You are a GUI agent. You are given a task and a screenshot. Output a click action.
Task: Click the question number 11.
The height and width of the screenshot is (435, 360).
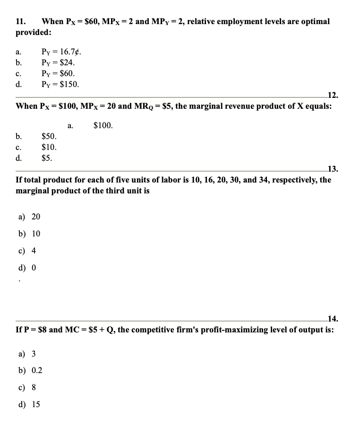coord(20,22)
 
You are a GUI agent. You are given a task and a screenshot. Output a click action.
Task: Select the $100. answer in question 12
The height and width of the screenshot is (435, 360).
coord(103,126)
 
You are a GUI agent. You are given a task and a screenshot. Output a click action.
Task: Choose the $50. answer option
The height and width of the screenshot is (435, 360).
coord(49,137)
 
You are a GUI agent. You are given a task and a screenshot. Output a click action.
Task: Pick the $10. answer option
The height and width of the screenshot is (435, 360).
coord(49,148)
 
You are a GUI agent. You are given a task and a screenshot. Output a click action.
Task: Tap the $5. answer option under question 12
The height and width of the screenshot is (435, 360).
coord(47,158)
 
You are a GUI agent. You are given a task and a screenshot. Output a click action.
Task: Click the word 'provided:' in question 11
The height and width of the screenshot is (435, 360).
coord(34,33)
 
